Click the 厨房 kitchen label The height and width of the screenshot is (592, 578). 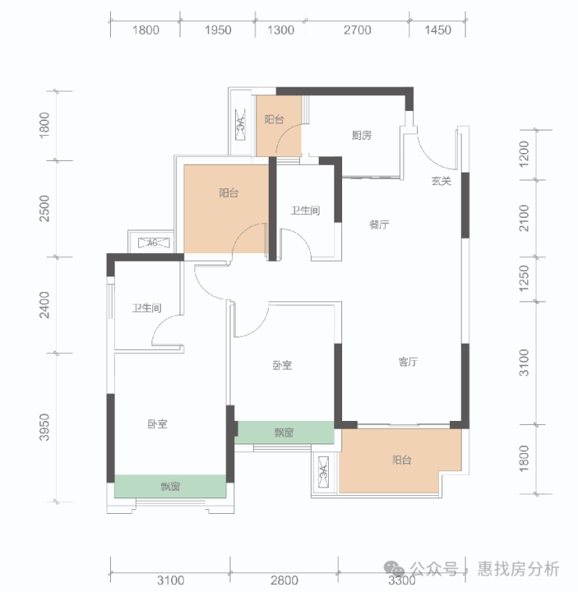coord(362,135)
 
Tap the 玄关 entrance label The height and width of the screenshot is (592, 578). coord(441,181)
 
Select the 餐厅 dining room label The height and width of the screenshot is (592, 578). coord(379,225)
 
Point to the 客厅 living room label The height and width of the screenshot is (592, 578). coord(408,362)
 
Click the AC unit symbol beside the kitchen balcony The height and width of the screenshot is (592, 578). coord(240,124)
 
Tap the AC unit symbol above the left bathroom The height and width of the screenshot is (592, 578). coord(152,243)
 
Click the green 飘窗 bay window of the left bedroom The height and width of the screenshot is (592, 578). coord(170,487)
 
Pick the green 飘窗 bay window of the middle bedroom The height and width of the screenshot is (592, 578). coord(284,433)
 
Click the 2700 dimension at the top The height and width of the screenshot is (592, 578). coord(357,30)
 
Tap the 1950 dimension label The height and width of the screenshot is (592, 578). coord(218,30)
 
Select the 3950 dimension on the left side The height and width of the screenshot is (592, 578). coord(45,427)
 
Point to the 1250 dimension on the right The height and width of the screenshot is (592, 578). coord(524,278)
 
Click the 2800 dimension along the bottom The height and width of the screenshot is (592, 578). coord(284,580)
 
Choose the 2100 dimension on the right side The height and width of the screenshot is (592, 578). coord(524,218)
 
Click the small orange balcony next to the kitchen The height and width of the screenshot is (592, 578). coord(279,126)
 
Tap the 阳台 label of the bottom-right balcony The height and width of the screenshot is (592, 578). coord(401,460)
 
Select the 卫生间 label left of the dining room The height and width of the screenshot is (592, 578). coord(305,210)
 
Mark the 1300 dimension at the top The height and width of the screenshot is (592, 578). coord(280,30)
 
